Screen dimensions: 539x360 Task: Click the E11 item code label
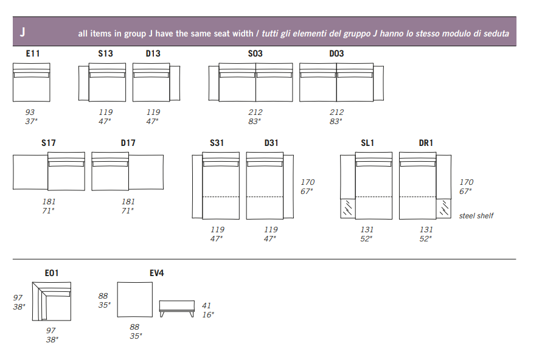33,54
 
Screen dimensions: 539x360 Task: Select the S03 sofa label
255,54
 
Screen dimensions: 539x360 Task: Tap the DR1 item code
426,143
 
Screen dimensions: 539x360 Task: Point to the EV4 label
157,273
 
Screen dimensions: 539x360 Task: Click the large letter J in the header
23,32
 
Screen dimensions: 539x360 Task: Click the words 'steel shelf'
476,216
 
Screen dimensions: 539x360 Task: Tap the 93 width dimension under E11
30,112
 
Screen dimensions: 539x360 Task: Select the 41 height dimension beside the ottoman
206,305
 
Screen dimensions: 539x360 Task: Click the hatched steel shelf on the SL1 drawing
348,209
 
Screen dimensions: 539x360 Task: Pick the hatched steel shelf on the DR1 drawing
443,209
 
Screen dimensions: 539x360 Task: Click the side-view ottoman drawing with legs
177,309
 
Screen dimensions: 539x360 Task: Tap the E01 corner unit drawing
52,301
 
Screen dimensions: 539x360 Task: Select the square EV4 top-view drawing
135,300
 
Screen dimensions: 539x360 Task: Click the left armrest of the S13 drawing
83,83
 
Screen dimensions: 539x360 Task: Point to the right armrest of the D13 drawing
175,83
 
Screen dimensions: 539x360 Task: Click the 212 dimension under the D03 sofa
336,112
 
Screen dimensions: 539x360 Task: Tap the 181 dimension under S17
49,202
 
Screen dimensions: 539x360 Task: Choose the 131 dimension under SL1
367,229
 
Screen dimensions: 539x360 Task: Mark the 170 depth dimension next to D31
308,182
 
